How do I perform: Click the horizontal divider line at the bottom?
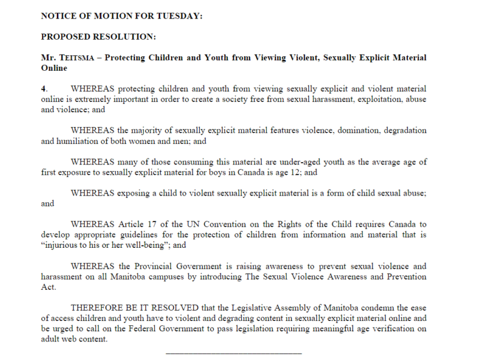point(233,353)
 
